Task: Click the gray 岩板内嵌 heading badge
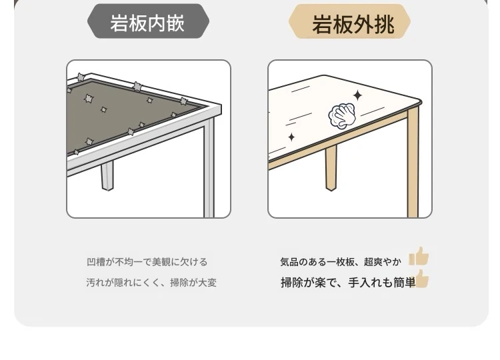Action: tap(148, 22)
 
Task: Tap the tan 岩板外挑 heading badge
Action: tap(349, 22)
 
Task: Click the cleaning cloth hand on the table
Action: tap(342, 116)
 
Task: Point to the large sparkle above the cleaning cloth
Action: tap(357, 95)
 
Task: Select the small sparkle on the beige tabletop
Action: tap(291, 137)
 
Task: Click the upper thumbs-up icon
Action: tap(419, 256)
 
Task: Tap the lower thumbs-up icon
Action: tap(422, 279)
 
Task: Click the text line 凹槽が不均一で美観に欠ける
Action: tap(147, 262)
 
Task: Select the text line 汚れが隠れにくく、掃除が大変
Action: tap(151, 283)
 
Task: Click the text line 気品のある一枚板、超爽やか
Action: tap(341, 262)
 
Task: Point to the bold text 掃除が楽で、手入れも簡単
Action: tap(348, 283)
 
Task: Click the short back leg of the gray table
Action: tap(107, 176)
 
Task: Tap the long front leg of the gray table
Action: tap(209, 167)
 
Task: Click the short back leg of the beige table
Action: tap(331, 169)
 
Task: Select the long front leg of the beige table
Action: tap(413, 163)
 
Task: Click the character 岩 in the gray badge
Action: tap(119, 23)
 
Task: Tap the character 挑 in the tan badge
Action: tap(385, 24)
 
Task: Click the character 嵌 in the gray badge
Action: tap(175, 23)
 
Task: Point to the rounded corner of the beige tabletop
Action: tap(419, 103)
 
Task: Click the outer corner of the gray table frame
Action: tap(221, 105)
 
